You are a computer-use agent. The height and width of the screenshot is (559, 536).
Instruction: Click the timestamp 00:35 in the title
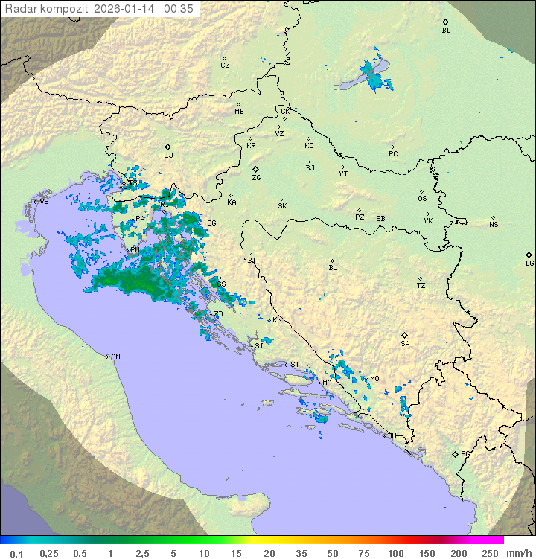(179, 9)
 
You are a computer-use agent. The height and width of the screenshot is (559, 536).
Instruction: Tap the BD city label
(446, 31)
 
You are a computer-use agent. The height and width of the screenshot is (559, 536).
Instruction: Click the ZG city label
(256, 178)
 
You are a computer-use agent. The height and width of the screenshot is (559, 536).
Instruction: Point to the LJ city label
(169, 156)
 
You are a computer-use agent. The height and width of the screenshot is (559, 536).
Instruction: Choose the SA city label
(405, 344)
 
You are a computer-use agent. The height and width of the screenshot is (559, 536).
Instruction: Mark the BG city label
(529, 263)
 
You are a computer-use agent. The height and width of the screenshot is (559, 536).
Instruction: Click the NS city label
(494, 225)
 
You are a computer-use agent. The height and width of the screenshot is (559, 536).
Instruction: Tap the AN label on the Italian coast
(115, 357)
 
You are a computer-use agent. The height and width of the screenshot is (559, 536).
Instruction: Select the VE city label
(44, 202)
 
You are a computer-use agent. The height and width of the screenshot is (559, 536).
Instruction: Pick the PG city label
(465, 453)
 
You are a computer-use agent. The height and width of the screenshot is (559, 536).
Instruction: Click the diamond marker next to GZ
(224, 57)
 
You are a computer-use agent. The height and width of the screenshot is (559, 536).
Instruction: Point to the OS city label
(422, 199)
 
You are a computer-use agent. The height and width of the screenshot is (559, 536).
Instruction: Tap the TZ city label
(421, 286)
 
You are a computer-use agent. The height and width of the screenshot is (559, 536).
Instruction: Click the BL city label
(333, 268)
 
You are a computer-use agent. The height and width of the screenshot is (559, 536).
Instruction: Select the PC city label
(393, 154)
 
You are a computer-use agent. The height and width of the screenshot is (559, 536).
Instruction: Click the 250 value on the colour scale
(489, 553)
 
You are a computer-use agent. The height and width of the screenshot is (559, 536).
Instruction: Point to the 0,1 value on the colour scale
(16, 553)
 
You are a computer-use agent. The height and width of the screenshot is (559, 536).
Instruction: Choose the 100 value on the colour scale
(395, 553)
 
